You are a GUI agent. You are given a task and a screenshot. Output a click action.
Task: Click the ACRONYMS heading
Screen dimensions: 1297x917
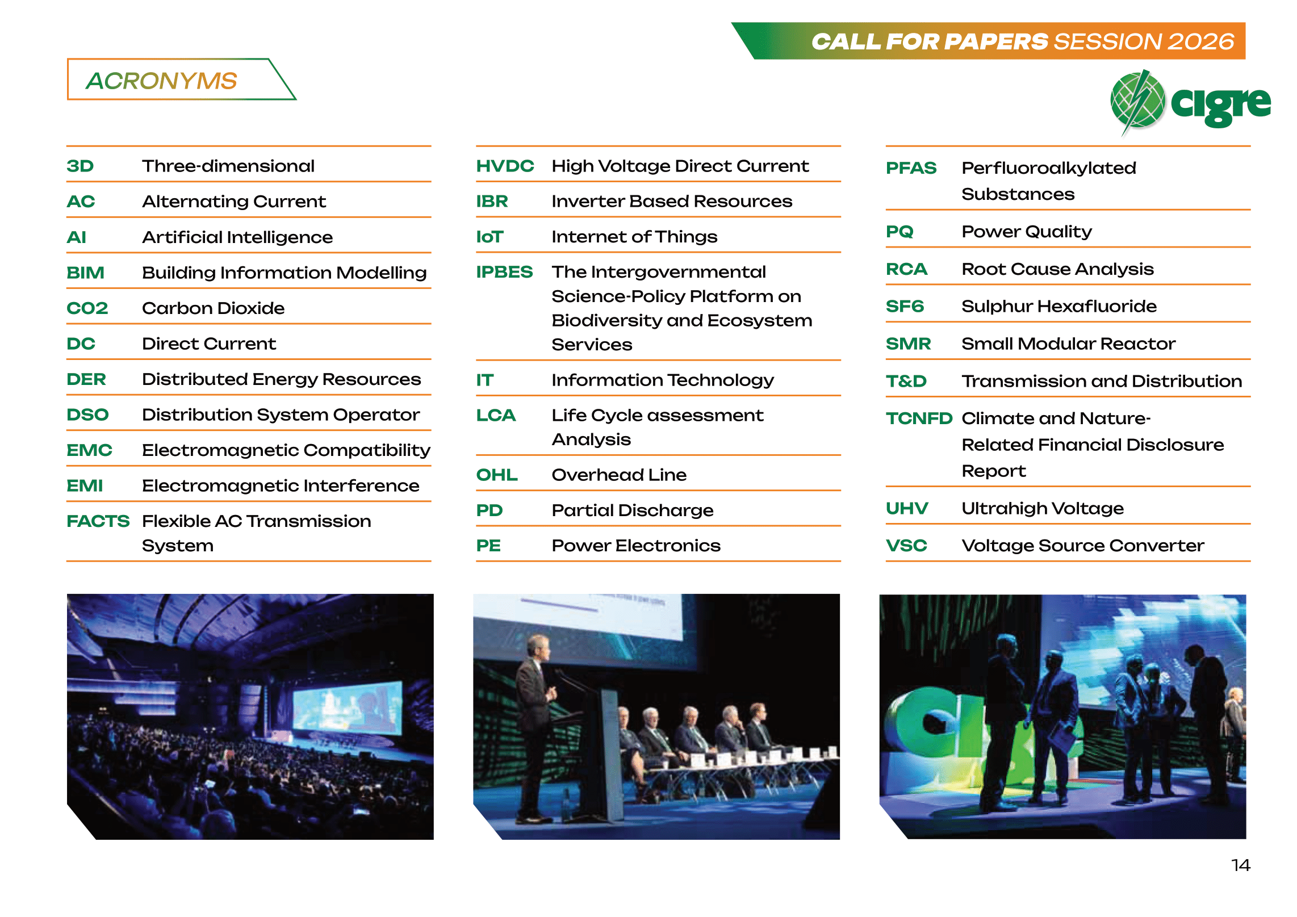coord(161,81)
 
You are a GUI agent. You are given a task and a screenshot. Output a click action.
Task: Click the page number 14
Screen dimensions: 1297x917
coord(1241,865)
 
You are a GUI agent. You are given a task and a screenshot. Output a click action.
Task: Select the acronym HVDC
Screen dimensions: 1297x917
coord(505,166)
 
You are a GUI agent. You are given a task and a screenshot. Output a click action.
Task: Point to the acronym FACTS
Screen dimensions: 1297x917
coord(98,521)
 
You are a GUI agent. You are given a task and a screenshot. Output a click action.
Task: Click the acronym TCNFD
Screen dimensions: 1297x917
coord(919,418)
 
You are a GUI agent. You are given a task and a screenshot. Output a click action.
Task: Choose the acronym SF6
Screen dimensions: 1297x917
coord(905,306)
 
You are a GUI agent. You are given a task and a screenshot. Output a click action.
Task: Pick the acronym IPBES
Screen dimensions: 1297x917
coord(504,272)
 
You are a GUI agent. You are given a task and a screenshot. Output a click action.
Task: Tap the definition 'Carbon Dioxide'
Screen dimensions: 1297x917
coord(213,308)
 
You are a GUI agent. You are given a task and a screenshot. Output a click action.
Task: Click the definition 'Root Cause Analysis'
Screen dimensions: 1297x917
coord(1057,269)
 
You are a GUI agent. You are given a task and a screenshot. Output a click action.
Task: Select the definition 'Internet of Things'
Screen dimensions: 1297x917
coord(634,236)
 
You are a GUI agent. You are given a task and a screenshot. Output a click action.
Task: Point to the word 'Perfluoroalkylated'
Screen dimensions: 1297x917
coord(1049,168)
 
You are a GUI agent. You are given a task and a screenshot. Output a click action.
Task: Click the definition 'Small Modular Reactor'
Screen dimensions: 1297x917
coord(1068,344)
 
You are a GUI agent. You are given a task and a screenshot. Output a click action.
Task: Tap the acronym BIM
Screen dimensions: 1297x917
coord(85,273)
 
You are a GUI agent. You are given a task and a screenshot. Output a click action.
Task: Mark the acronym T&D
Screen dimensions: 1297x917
coord(906,381)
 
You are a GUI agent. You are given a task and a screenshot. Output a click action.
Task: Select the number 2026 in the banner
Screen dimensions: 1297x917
coord(1200,41)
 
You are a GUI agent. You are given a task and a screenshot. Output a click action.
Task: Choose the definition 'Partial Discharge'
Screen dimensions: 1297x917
coord(633,510)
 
